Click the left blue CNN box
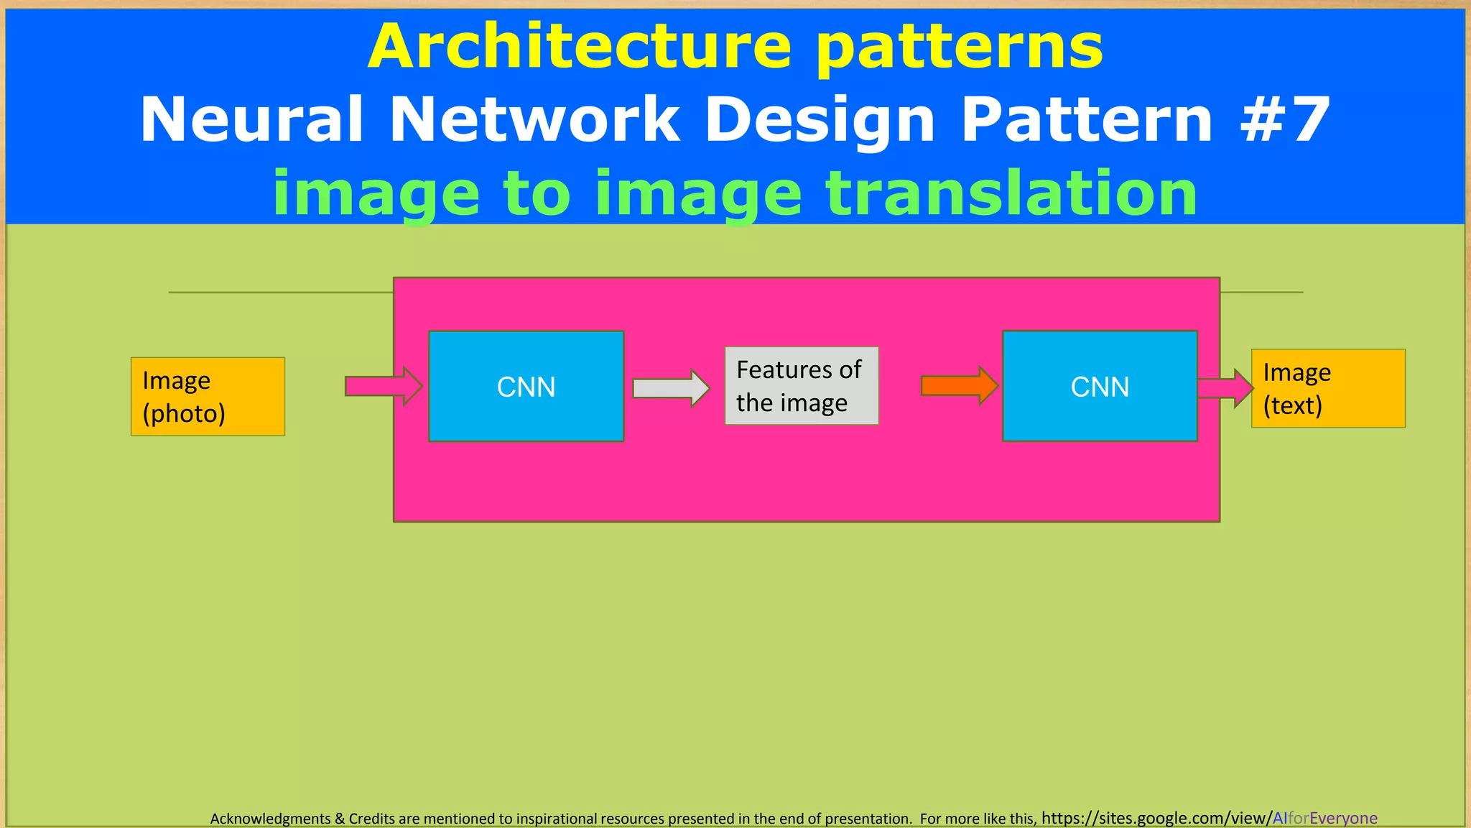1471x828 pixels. point(526,386)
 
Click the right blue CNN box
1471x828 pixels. point(1100,386)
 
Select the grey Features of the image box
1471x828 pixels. point(801,386)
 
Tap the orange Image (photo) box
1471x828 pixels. point(208,396)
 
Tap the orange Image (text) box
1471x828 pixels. point(1328,389)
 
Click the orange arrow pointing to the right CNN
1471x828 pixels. point(959,386)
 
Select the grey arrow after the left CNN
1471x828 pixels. point(671,388)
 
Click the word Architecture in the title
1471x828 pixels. point(580,46)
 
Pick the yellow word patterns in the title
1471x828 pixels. point(960,47)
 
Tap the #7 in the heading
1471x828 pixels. point(1286,119)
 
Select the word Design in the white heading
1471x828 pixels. point(820,121)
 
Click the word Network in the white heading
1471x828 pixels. point(534,119)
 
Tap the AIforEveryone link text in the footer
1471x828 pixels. point(1324,818)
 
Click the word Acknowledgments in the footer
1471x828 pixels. point(270,819)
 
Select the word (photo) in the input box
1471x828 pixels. point(184,414)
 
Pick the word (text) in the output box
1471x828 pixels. point(1292,405)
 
